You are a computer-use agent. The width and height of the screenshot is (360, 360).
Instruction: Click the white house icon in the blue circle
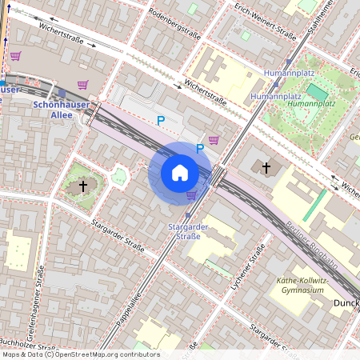tap(180, 172)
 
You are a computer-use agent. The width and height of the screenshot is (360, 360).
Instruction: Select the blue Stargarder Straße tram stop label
tap(189, 231)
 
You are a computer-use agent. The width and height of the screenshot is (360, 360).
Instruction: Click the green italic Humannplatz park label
tap(310, 104)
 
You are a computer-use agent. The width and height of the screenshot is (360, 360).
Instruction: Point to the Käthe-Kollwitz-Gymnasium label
tap(300, 285)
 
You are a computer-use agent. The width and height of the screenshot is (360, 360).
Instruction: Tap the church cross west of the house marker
tap(82, 186)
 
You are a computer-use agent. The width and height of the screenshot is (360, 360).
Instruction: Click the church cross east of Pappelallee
tap(266, 168)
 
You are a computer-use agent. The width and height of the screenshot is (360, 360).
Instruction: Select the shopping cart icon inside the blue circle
tap(191, 194)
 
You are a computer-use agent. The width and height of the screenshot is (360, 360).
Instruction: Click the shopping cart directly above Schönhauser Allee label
tap(82, 85)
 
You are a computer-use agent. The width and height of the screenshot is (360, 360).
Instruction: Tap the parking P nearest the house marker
tap(200, 148)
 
